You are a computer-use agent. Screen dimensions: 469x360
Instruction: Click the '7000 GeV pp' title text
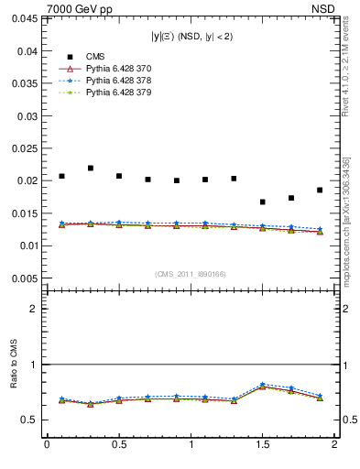[x=80, y=9]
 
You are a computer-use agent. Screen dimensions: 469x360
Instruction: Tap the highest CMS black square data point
[x=91, y=169]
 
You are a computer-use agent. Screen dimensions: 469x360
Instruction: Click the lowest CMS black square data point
[x=263, y=202]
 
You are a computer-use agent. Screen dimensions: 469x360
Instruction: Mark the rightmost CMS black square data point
[x=320, y=191]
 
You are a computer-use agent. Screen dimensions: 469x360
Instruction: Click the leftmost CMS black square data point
[x=61, y=176]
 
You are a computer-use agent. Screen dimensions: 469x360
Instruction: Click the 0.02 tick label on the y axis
[x=28, y=180]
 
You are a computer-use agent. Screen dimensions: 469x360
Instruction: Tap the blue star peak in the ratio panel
[x=263, y=384]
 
